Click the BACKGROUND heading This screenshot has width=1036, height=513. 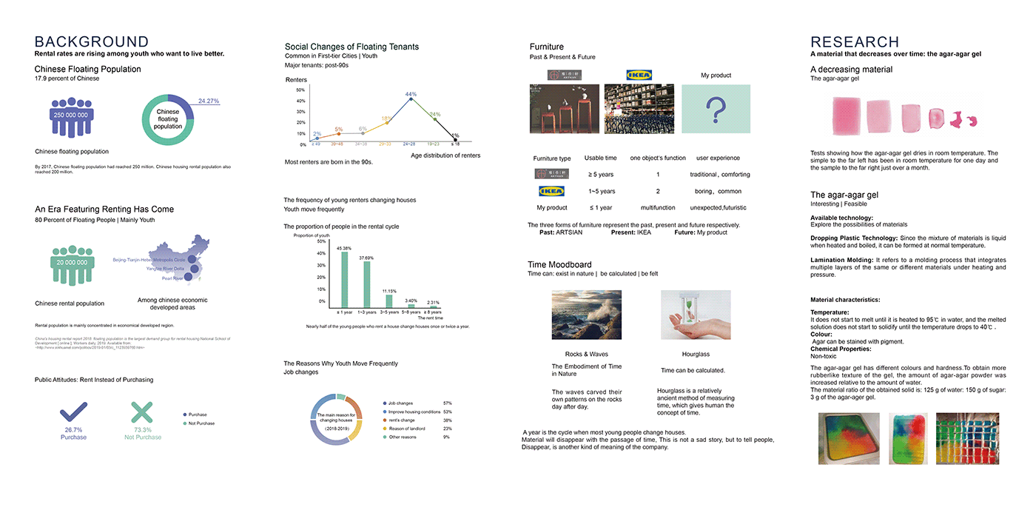click(92, 42)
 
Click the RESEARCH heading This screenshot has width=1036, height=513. click(855, 42)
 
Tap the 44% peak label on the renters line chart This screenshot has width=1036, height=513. click(411, 94)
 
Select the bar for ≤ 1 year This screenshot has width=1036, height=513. click(344, 279)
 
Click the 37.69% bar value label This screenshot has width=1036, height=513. click(366, 258)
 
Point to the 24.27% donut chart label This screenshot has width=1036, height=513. click(209, 101)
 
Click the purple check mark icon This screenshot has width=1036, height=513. click(73, 412)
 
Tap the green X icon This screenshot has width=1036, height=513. click(141, 412)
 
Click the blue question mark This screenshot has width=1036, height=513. click(716, 110)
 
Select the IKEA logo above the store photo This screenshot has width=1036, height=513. click(639, 75)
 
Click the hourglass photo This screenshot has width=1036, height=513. click(696, 315)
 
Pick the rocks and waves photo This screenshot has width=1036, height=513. click(587, 315)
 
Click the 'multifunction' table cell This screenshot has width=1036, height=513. click(657, 208)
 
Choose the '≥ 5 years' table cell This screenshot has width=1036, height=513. click(600, 175)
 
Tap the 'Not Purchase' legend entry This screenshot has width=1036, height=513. click(201, 423)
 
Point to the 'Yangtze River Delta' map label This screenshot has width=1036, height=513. click(164, 269)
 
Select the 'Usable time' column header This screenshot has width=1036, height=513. click(600, 158)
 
